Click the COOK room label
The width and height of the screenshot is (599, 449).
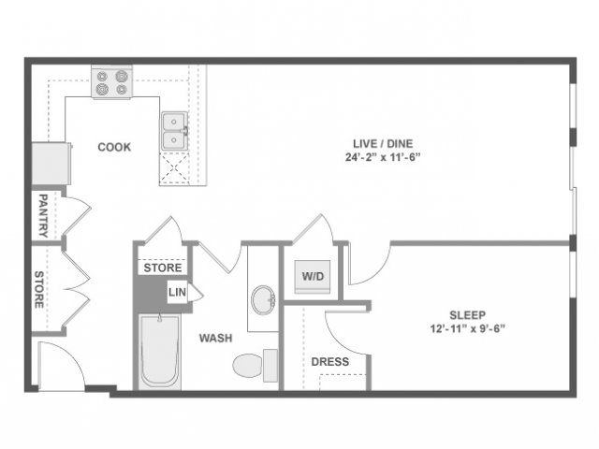click(x=114, y=147)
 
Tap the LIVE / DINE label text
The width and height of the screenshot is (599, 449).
click(x=383, y=143)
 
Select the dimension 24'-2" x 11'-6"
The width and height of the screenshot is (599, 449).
click(x=383, y=157)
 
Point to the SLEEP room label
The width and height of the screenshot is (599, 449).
click(x=468, y=315)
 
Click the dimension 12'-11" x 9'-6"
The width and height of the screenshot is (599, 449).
click(x=468, y=328)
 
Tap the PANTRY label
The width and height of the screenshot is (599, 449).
click(x=43, y=216)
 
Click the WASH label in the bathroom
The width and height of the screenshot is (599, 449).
click(x=216, y=338)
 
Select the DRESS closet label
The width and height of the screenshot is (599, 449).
click(x=330, y=362)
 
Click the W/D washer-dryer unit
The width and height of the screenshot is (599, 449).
click(x=313, y=277)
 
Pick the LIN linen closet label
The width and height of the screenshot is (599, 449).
click(x=177, y=293)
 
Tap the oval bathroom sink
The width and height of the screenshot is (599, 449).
click(x=264, y=299)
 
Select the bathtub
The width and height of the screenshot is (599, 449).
click(x=160, y=352)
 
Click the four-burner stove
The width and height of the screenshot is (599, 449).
click(x=111, y=83)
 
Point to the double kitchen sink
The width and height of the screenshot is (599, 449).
click(x=174, y=131)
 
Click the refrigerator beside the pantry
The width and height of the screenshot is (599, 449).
click(x=51, y=164)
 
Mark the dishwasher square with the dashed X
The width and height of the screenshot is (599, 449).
click(x=174, y=168)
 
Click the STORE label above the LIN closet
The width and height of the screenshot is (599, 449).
click(x=163, y=268)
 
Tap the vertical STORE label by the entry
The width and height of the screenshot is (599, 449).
click(x=39, y=290)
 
